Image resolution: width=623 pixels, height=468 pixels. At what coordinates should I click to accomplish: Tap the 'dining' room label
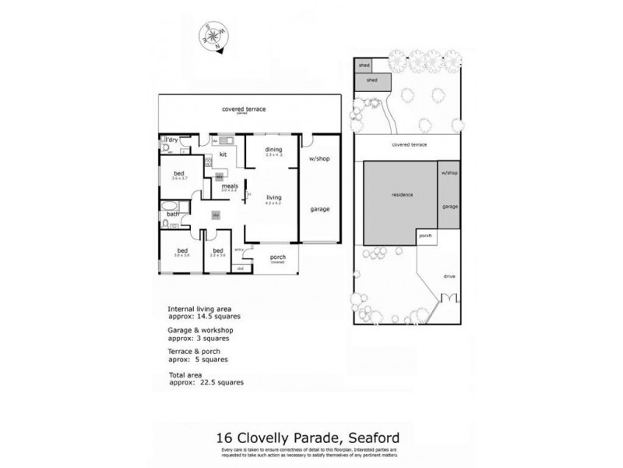pyautogui.click(x=273, y=150)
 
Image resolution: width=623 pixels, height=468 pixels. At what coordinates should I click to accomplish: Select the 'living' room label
pyautogui.click(x=273, y=197)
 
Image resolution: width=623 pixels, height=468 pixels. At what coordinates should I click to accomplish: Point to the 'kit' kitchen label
pyautogui.click(x=223, y=154)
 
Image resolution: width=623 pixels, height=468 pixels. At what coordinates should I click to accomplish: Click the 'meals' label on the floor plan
pyautogui.click(x=230, y=186)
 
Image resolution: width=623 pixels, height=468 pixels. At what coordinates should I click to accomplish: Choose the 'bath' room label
pyautogui.click(x=172, y=214)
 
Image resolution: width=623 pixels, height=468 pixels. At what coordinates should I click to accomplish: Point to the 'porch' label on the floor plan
pyautogui.click(x=277, y=257)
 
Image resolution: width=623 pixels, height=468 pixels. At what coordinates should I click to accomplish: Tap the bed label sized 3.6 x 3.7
pyautogui.click(x=178, y=173)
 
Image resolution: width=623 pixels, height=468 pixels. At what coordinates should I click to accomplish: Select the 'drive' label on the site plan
pyautogui.click(x=449, y=276)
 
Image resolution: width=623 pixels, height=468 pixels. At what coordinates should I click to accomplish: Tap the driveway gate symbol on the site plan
pyautogui.click(x=449, y=298)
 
